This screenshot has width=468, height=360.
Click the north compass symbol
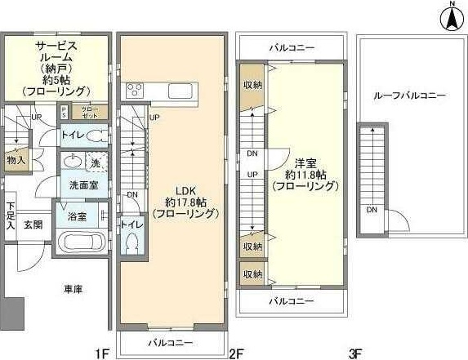tap(450, 17)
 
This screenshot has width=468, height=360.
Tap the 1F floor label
tap(101, 353)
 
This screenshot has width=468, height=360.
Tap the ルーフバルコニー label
tap(409, 96)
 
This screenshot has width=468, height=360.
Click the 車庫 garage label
tap(72, 289)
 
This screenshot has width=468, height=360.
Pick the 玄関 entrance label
tap(33, 224)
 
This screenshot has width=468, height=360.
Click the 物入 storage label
tap(16, 160)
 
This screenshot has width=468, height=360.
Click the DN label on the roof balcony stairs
tap(372, 210)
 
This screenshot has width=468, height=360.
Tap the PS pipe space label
tap(65, 112)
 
